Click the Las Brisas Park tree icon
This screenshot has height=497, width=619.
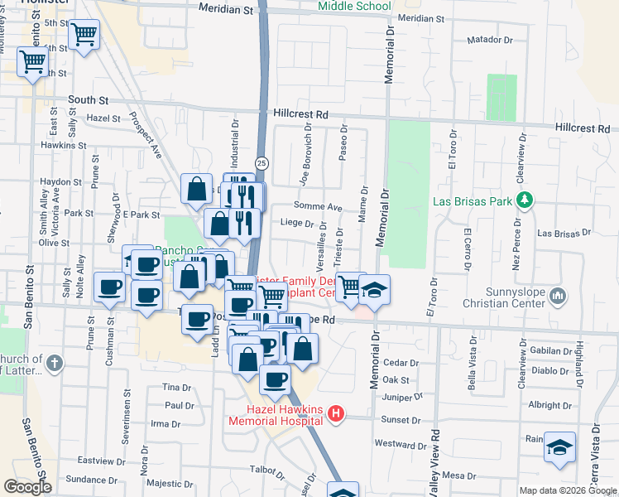point(523,200)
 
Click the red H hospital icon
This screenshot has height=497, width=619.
point(335,413)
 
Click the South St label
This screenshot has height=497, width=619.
point(83,99)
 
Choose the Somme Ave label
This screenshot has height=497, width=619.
point(317,207)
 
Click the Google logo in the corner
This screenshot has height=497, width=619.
point(28,487)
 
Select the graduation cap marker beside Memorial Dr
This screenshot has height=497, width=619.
point(374,290)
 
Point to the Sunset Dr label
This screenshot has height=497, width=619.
point(401,420)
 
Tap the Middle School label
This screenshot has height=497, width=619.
point(355,7)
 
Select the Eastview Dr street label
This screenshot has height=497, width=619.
point(100,460)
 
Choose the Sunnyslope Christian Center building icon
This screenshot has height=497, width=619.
point(558,295)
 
